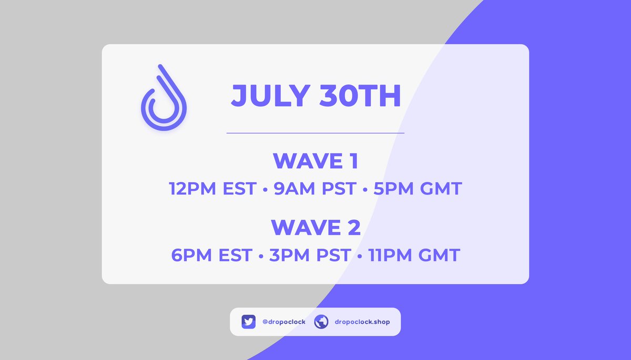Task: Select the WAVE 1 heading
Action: tap(315, 161)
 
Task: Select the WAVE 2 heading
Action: tap(315, 228)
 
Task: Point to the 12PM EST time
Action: tap(213, 188)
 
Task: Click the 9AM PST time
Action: tap(314, 188)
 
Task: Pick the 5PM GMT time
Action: tap(418, 188)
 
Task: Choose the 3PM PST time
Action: tap(310, 255)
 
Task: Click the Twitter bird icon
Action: tap(249, 322)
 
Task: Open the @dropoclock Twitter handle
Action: tap(283, 322)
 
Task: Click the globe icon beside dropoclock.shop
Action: tap(321, 322)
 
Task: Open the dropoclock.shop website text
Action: tap(362, 322)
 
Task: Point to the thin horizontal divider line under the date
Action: tap(315, 133)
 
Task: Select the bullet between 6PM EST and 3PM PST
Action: tap(261, 256)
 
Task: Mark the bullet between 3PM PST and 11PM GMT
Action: tap(359, 256)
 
